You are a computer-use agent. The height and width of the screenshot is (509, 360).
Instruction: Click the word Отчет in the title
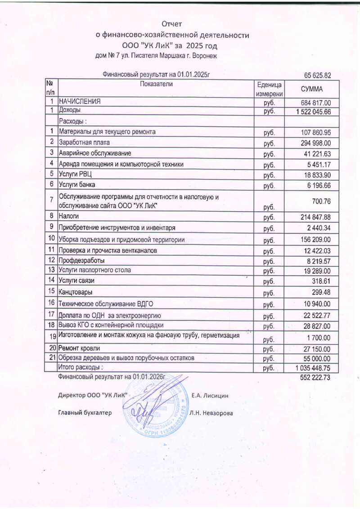(174, 23)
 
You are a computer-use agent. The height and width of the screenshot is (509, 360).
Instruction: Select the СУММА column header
(314, 89)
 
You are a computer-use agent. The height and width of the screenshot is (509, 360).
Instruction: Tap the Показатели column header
(156, 84)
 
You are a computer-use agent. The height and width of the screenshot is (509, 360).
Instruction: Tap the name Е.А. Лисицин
(210, 396)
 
